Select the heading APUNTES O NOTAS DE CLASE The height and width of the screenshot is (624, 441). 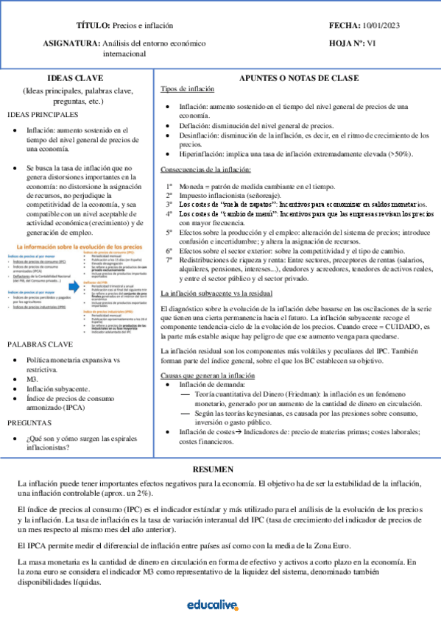(300, 78)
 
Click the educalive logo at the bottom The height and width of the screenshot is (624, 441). (213, 605)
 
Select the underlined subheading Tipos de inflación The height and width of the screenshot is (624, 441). (188, 89)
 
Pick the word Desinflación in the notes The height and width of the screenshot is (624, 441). (199, 136)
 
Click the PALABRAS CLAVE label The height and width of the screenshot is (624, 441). (40, 344)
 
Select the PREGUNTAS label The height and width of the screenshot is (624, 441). (29, 423)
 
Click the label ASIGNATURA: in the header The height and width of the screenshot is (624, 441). (73, 43)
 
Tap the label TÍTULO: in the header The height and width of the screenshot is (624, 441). (93, 25)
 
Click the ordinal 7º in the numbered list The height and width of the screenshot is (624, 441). (169, 260)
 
